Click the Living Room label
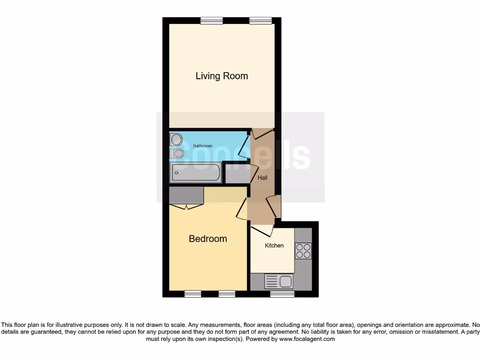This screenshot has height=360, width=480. click(221, 76)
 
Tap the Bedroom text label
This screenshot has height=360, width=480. click(208, 239)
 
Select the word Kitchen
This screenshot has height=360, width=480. click(274, 246)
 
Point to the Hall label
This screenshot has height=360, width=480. click(262, 178)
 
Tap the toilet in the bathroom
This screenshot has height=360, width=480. click(178, 153)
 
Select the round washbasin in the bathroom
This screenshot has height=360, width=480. click(176, 139)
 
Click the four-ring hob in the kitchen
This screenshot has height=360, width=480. click(303, 251)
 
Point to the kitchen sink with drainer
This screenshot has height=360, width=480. click(279, 281)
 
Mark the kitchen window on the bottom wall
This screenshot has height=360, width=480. click(282, 294)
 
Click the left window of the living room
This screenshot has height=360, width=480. click(211, 21)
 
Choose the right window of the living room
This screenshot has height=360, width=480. click(260, 21)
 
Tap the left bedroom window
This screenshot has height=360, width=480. click(192, 294)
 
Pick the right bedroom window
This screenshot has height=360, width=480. click(227, 294)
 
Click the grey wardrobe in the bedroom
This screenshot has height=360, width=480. click(187, 195)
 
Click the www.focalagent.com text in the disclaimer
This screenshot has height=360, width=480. click(307, 339)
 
